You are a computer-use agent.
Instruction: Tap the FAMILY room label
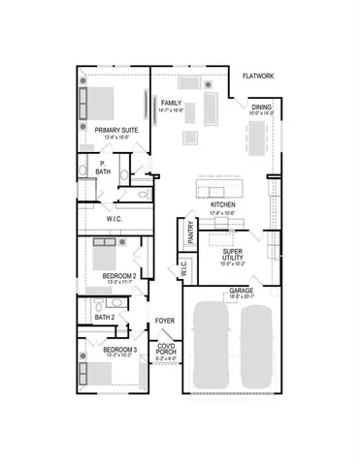(172, 103)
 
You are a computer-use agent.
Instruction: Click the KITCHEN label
(224, 206)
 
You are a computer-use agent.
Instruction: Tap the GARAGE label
(242, 292)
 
